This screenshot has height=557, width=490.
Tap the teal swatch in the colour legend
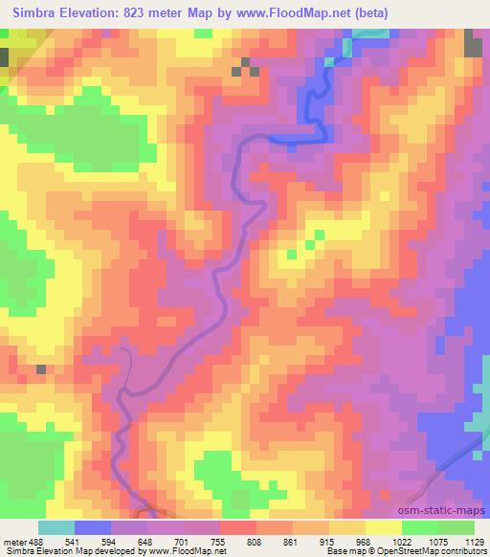(x=56, y=526)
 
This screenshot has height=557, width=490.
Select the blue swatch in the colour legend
(x=93, y=526)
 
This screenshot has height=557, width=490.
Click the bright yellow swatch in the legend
(x=383, y=526)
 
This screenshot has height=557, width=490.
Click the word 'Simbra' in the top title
(x=31, y=11)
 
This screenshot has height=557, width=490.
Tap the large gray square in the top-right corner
(x=474, y=44)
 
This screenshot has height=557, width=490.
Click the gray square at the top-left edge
(x=4, y=56)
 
